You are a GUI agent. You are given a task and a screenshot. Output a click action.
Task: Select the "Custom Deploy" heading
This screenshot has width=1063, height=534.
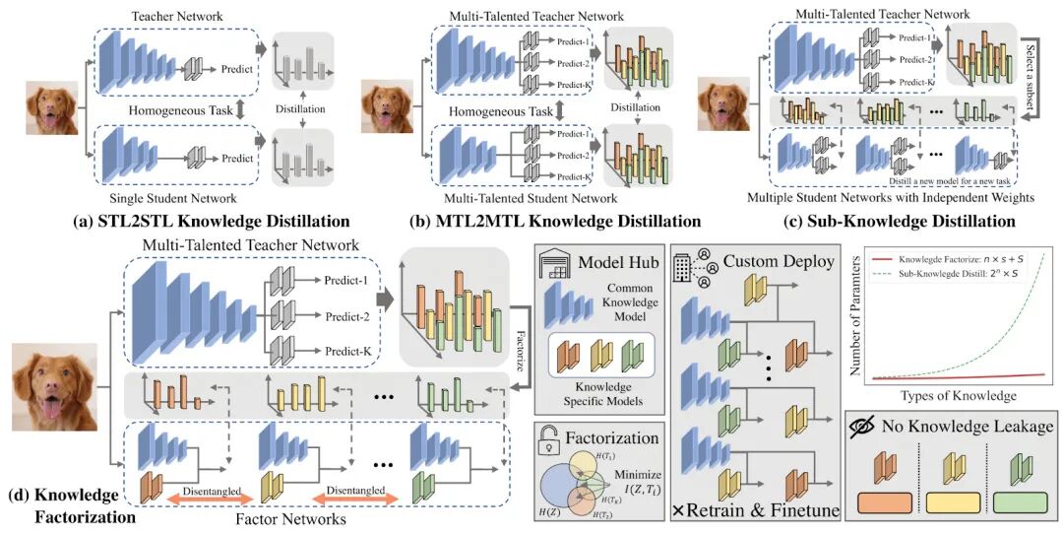point(778,261)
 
